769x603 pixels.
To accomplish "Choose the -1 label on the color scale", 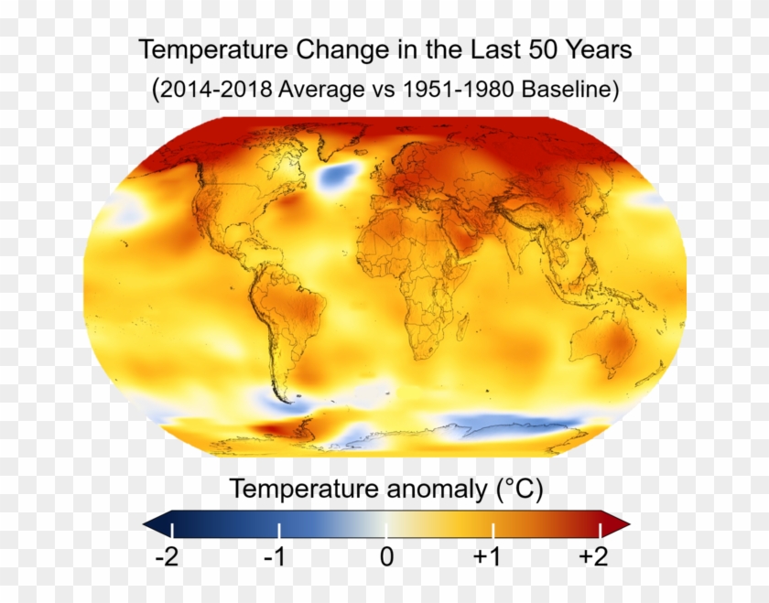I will coord(276,556).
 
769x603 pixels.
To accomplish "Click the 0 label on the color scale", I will coord(386,556).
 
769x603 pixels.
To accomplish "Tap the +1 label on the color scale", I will coord(492,556).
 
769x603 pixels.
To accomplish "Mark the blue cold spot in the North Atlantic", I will coord(336,175).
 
